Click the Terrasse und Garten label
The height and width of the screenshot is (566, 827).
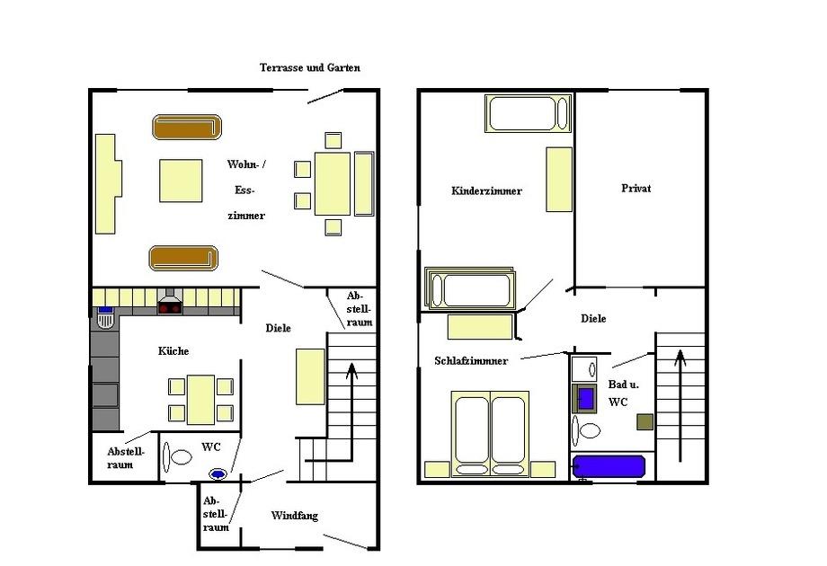point(309,67)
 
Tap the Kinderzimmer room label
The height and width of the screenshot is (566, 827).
point(486,190)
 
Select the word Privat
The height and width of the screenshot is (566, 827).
point(636,188)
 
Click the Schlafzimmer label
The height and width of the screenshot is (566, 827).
point(471,360)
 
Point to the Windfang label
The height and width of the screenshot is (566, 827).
point(294,516)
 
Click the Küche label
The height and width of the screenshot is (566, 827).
point(173,351)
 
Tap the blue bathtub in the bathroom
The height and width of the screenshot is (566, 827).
point(609,466)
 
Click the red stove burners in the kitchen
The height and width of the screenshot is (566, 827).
point(170,307)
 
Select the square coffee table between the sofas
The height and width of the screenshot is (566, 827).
point(181,181)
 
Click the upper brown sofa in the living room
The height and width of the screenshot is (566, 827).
point(187,127)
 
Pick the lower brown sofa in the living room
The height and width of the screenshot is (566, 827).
point(183,258)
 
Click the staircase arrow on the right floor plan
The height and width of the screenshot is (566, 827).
point(680,406)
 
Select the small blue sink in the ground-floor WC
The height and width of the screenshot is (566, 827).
point(218,474)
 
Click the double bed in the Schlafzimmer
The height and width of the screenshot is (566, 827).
point(490,434)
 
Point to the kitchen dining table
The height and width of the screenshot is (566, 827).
point(201,400)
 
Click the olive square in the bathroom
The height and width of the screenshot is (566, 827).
point(645,422)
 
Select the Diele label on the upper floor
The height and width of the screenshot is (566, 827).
point(593,318)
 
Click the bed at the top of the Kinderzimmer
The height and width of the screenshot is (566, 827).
point(528,113)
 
